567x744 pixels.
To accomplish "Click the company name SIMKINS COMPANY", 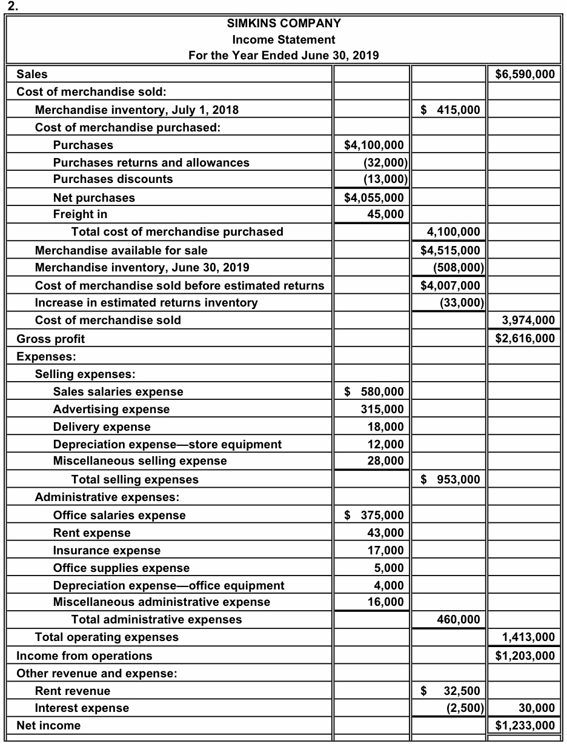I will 283,24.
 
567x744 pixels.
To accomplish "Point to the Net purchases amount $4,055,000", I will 373,198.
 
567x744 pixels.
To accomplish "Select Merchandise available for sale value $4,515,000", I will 450,250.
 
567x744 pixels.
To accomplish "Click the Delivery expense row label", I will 102,427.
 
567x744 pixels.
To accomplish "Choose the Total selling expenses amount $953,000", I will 450,479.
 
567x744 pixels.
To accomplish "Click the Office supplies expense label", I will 121,568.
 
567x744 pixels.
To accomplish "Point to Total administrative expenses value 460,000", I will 458,619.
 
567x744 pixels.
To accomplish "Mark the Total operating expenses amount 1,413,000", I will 529,637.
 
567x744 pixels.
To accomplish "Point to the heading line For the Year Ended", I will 283,56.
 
